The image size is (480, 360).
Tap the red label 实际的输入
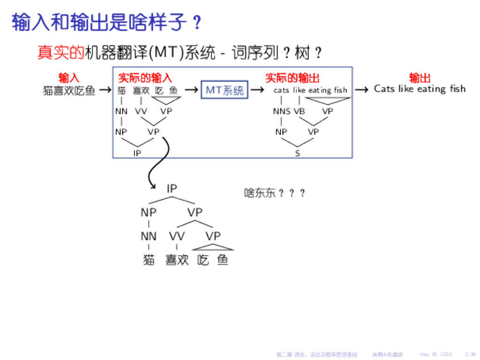pyautogui.click(x=145, y=78)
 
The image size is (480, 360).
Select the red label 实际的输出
pyautogui.click(x=292, y=78)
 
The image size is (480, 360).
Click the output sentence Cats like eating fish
pyautogui.click(x=420, y=89)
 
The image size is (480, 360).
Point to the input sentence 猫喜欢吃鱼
pyautogui.click(x=69, y=90)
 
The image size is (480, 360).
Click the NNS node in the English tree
pyautogui.click(x=281, y=112)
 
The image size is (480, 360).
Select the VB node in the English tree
pyautogui.click(x=299, y=112)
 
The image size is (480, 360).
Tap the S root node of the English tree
pyautogui.click(x=298, y=153)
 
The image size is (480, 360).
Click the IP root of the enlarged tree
pyautogui.click(x=172, y=188)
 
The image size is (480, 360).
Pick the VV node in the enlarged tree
pyautogui.click(x=177, y=236)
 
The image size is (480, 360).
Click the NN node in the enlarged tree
pyautogui.click(x=149, y=236)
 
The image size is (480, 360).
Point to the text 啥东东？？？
pyautogui.click(x=275, y=193)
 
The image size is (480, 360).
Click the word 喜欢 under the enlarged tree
pyautogui.click(x=177, y=260)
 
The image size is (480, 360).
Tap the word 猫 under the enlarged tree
pyautogui.click(x=149, y=260)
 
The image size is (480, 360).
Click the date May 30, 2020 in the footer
pyautogui.click(x=435, y=354)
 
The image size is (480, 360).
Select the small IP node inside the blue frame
pyautogui.click(x=137, y=153)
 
